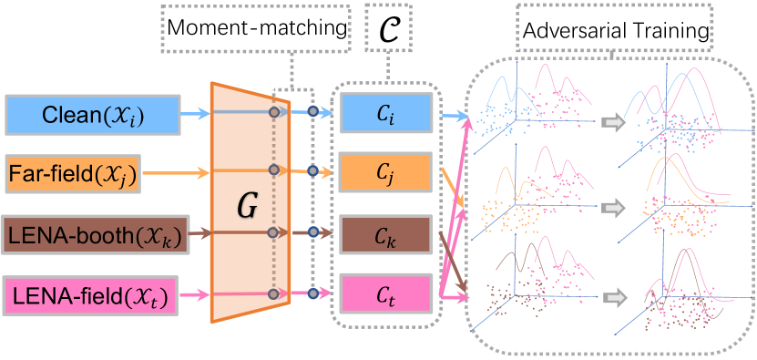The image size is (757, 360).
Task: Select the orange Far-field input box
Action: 71,173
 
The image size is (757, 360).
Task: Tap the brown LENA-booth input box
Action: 96,234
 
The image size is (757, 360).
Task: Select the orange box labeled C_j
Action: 384,171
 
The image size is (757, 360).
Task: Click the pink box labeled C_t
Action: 384,293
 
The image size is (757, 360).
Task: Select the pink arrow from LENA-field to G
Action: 192,293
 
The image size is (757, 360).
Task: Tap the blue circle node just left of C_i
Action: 312,112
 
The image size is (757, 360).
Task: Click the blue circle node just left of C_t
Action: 312,293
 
